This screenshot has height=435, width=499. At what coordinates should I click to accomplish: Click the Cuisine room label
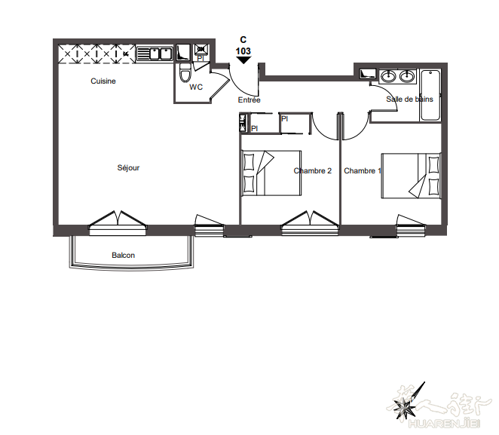[x=103, y=81]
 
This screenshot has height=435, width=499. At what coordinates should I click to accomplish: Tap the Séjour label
[x=128, y=167]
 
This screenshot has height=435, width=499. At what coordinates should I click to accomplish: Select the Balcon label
[x=123, y=256]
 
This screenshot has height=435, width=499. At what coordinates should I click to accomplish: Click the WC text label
[x=196, y=87]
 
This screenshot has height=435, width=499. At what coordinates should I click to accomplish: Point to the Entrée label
[x=249, y=100]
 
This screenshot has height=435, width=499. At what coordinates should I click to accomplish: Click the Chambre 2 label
[x=313, y=171]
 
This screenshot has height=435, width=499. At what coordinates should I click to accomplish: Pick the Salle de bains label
[x=409, y=100]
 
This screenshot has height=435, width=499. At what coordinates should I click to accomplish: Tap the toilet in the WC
[x=185, y=72]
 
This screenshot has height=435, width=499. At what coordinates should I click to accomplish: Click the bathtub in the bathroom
[x=430, y=95]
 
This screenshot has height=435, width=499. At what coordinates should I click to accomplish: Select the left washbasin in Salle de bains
[x=388, y=77]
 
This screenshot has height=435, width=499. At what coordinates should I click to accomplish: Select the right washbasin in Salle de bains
[x=407, y=77]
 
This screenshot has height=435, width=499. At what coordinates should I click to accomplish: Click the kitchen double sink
[x=155, y=54]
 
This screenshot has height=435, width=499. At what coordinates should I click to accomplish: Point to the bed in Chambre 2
[x=271, y=173]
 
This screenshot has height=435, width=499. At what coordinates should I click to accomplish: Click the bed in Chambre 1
[x=411, y=176]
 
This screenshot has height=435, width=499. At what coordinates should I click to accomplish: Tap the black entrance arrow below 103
[x=243, y=60]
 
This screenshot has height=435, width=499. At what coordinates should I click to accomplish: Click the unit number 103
[x=243, y=51]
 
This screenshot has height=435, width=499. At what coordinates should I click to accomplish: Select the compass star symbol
[x=405, y=406]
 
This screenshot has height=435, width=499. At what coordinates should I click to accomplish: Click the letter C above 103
[x=243, y=39]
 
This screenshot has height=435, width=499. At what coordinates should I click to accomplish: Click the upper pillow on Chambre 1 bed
[x=433, y=164]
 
